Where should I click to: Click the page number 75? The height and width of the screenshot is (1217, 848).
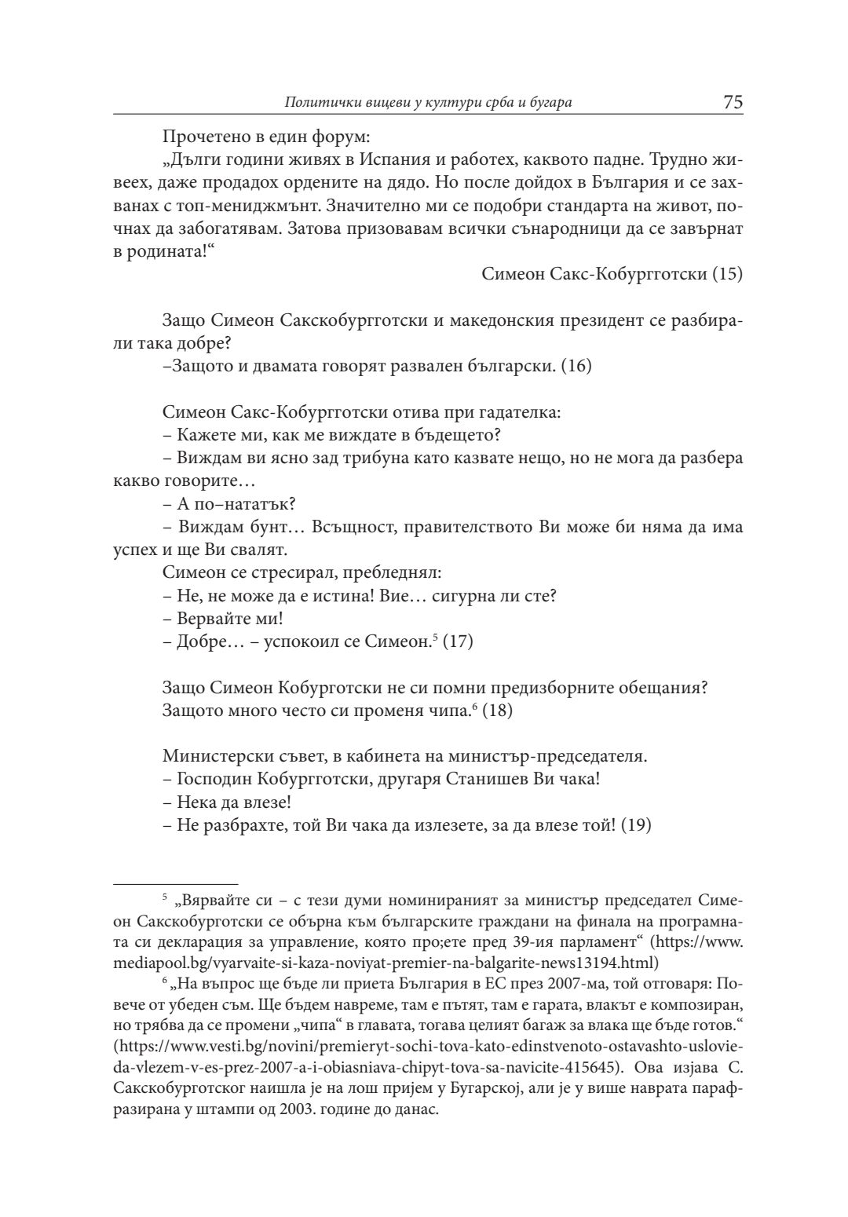click(733, 102)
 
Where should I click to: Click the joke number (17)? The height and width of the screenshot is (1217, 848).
click(458, 641)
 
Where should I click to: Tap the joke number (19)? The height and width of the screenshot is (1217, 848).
click(635, 826)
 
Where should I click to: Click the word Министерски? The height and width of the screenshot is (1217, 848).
click(213, 757)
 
